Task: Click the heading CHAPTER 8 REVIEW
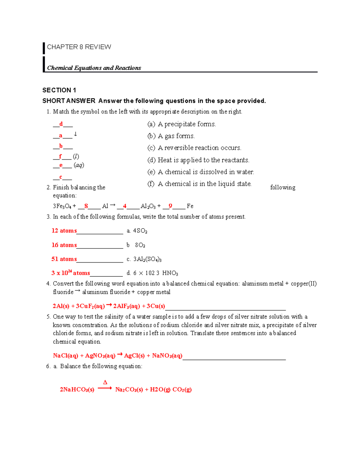tap(79, 47)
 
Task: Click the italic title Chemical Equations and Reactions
tap(94, 68)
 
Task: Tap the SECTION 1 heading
tap(59, 90)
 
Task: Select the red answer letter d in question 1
tap(61, 124)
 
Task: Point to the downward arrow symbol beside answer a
tap(75, 134)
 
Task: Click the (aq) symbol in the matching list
tap(79, 165)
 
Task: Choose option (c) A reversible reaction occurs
tap(194, 148)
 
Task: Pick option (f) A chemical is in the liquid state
tap(199, 184)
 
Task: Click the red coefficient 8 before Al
tap(86, 206)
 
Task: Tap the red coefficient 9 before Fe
tap(170, 206)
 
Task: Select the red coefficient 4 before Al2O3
tap(124, 206)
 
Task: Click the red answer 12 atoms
tap(64, 230)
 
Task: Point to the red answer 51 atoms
tap(64, 259)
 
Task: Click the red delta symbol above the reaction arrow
tap(105, 382)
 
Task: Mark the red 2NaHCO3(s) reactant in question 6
tap(77, 389)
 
